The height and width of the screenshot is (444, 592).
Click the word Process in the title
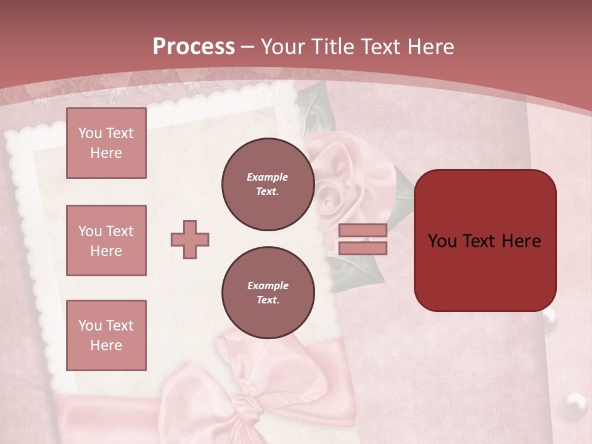click(x=194, y=47)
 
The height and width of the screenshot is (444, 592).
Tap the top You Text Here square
click(x=106, y=143)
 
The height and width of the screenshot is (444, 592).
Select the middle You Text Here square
click(x=106, y=240)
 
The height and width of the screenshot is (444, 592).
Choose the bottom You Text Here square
click(x=106, y=335)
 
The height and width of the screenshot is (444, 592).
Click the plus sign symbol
click(x=190, y=239)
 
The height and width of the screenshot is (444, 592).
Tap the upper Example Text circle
click(x=268, y=184)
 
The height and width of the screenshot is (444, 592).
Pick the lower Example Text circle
click(x=268, y=292)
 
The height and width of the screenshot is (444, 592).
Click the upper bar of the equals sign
click(x=363, y=230)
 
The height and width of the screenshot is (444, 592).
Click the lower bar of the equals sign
click(x=363, y=248)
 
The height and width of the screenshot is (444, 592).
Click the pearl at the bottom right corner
click(x=577, y=403)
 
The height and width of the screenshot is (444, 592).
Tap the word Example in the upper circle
click(x=268, y=177)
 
